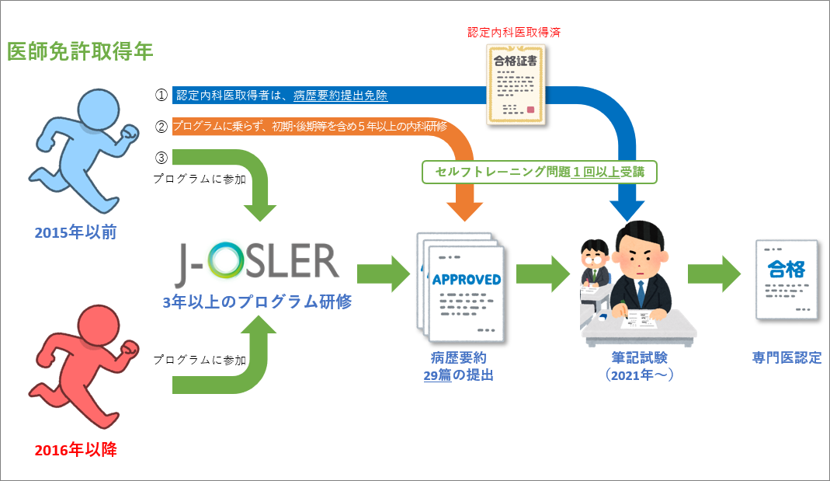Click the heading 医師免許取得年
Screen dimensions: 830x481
pyautogui.click(x=80, y=52)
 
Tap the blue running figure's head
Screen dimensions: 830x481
pyautogui.click(x=99, y=109)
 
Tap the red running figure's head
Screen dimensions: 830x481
pyautogui.click(x=99, y=326)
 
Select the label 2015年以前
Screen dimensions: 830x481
pyautogui.click(x=75, y=232)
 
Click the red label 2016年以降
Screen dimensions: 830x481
pyautogui.click(x=75, y=450)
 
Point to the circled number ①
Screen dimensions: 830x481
pyautogui.click(x=161, y=96)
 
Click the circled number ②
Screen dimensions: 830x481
pyautogui.click(x=161, y=127)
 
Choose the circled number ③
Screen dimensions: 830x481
pyautogui.click(x=161, y=158)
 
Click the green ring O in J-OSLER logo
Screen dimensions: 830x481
pyautogui.click(x=226, y=260)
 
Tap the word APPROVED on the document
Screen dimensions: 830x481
pyautogui.click(x=467, y=280)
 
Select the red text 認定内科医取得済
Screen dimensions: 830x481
pyautogui.click(x=514, y=33)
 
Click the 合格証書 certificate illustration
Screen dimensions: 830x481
pyautogui.click(x=516, y=85)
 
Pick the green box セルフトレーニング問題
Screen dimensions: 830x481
pyautogui.click(x=540, y=173)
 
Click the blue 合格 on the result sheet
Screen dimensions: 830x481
pyautogui.click(x=786, y=269)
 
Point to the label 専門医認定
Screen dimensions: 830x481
pyautogui.click(x=787, y=358)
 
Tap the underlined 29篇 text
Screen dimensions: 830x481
pyautogui.click(x=437, y=375)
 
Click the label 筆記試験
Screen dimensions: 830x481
pyautogui.click(x=640, y=358)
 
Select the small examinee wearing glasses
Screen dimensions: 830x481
pyautogui.click(x=596, y=263)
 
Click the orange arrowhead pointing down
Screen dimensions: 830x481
pyautogui.click(x=465, y=211)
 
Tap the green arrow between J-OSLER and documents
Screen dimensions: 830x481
pyautogui.click(x=384, y=274)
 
